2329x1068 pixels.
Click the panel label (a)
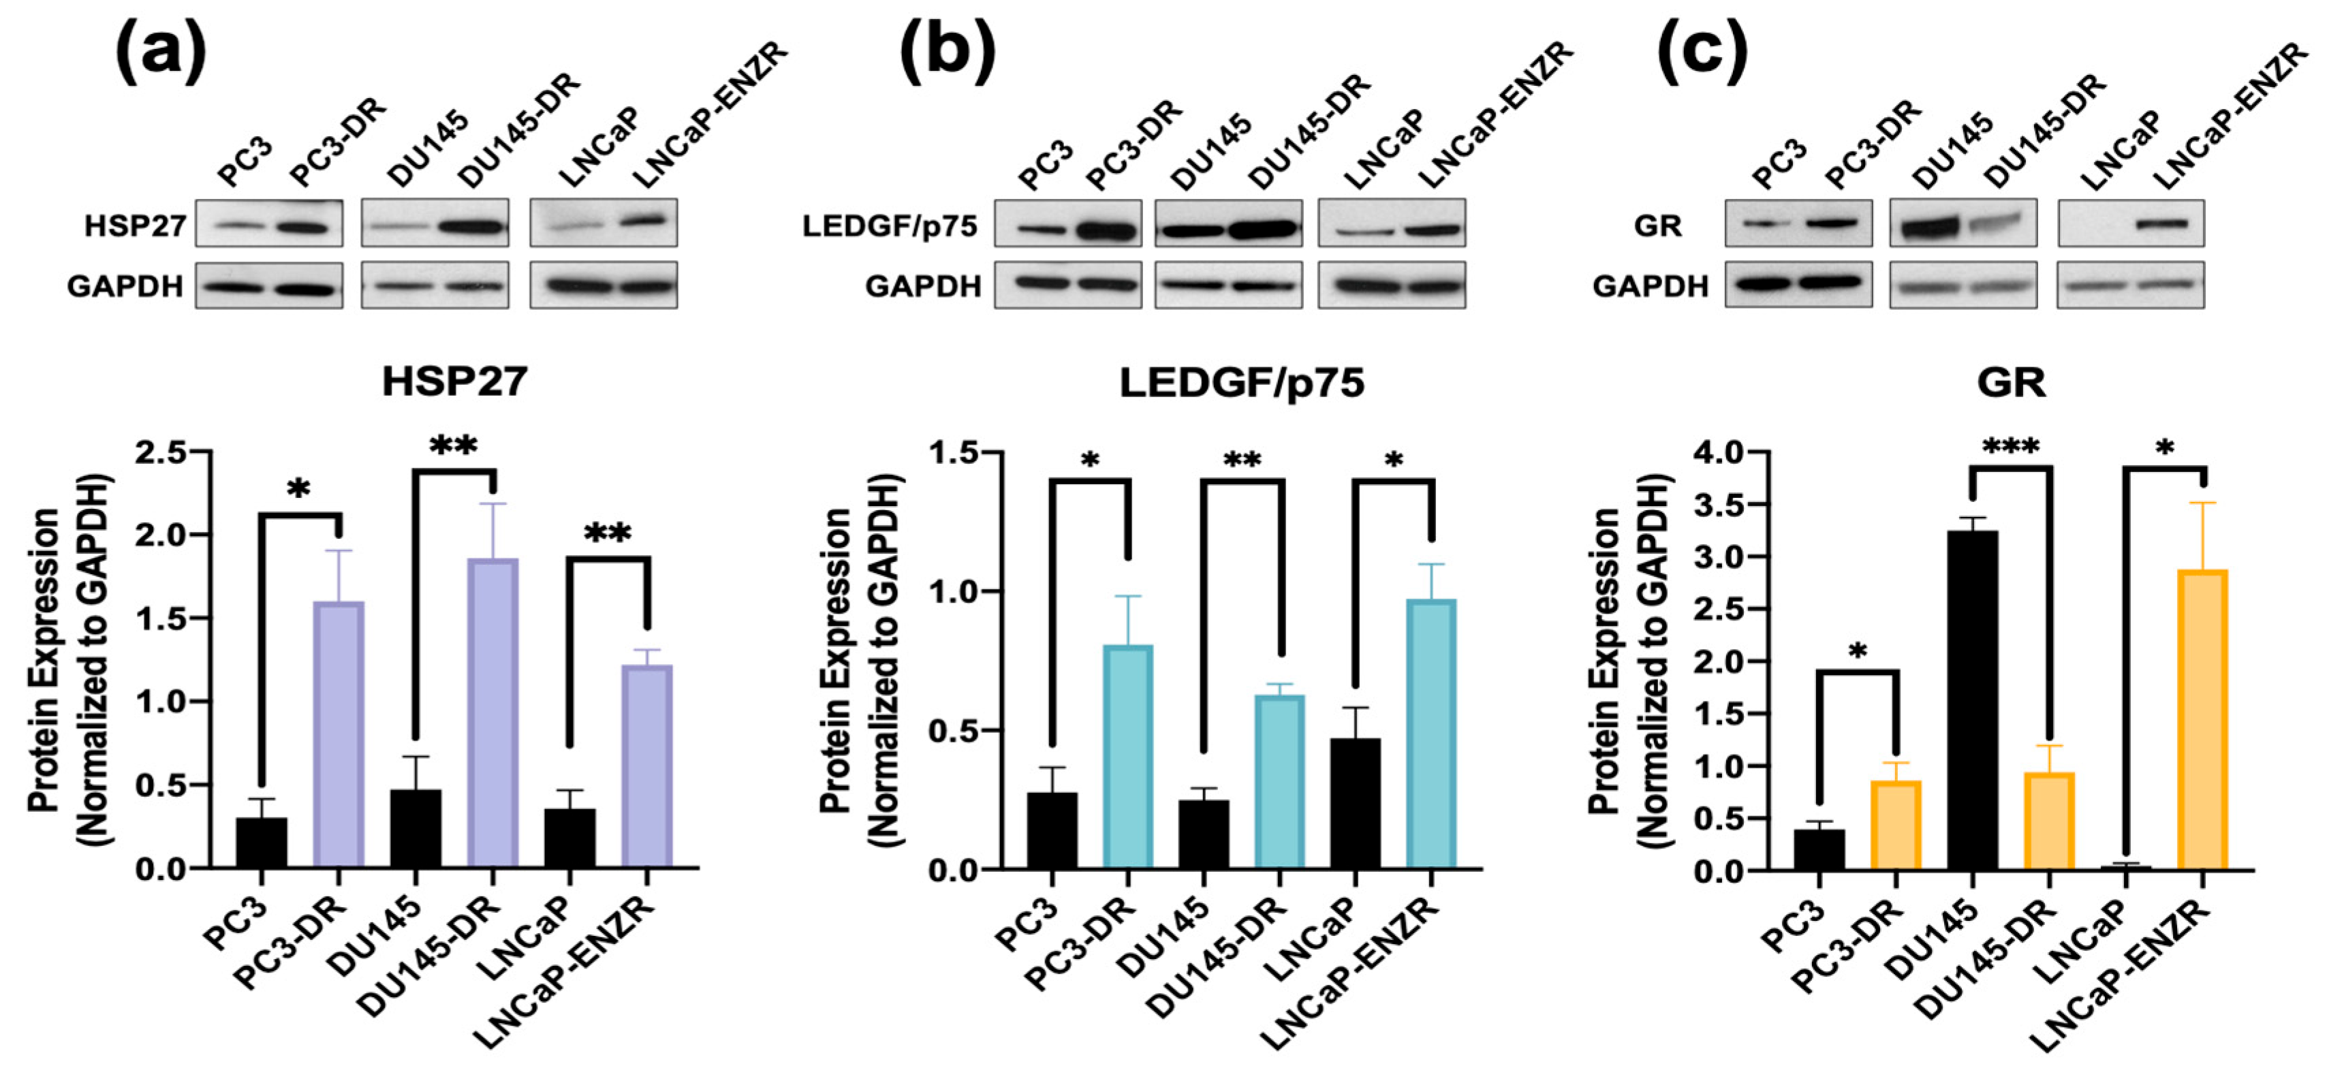[x=161, y=52]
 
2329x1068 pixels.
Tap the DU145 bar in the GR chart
[x=1972, y=701]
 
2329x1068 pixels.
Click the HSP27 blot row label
[x=135, y=225]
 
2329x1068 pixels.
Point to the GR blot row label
[x=1657, y=225]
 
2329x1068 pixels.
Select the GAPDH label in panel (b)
[x=923, y=287]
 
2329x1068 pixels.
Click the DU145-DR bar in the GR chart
[x=2049, y=821]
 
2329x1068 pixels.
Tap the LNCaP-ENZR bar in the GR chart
[x=2202, y=720]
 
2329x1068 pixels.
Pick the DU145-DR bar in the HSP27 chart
[x=493, y=714]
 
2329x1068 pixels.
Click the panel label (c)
[x=1701, y=52]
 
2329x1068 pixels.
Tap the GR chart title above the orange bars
[x=2011, y=383]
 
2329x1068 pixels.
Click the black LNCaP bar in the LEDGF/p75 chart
[x=1356, y=804]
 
